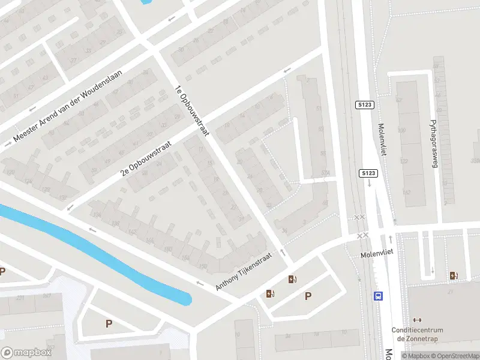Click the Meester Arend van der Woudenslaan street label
[x=67, y=107]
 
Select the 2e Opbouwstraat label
[x=146, y=158]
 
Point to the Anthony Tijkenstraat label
[x=244, y=272]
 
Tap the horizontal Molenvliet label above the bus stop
[x=376, y=254]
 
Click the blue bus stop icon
[x=379, y=296]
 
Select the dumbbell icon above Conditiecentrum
[x=418, y=320]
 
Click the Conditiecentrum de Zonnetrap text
[x=417, y=334]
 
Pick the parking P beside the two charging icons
[x=308, y=295]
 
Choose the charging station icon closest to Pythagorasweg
[x=453, y=275]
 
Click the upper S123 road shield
[x=367, y=104]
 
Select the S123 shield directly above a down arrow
[x=368, y=173]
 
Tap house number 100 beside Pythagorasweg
[x=402, y=130]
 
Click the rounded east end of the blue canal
[x=186, y=298]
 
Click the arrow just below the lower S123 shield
[x=369, y=184]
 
